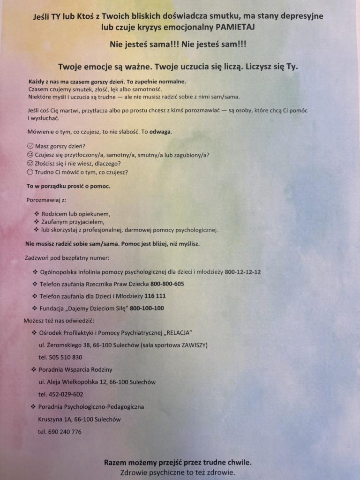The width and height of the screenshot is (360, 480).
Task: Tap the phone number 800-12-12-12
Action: pos(243,272)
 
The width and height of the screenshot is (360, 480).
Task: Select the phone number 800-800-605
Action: pos(167,284)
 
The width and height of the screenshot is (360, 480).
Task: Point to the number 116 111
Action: pos(155,296)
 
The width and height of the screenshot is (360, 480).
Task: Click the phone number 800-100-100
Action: pos(147,308)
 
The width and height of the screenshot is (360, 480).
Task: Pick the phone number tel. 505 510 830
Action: pos(60,357)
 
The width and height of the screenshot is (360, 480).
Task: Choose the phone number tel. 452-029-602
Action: pos(61,394)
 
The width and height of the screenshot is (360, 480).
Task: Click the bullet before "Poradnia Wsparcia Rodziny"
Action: pos(34,370)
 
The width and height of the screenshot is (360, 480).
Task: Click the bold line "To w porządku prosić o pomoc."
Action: pos(68,187)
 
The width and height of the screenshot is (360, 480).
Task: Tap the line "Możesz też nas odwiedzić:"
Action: pos(59,321)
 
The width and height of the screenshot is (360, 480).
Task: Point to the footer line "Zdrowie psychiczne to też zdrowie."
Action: pos(178,472)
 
